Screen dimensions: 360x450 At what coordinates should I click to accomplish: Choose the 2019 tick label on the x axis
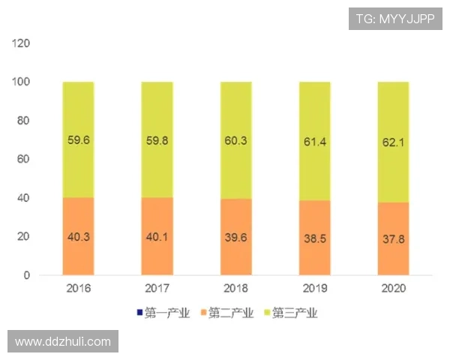pos(314,288)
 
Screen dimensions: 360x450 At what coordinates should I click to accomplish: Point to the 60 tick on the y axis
pos(24,159)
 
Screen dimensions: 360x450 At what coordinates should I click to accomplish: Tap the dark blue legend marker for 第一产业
pos(139,312)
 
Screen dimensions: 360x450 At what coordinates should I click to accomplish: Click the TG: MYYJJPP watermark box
pos(394,18)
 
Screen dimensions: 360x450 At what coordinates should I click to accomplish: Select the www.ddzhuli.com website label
pos(63,341)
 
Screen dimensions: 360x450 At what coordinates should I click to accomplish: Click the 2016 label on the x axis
pos(79,288)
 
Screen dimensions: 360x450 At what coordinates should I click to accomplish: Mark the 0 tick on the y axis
pos(27,275)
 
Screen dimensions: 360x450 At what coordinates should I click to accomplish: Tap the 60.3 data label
pos(235,139)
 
